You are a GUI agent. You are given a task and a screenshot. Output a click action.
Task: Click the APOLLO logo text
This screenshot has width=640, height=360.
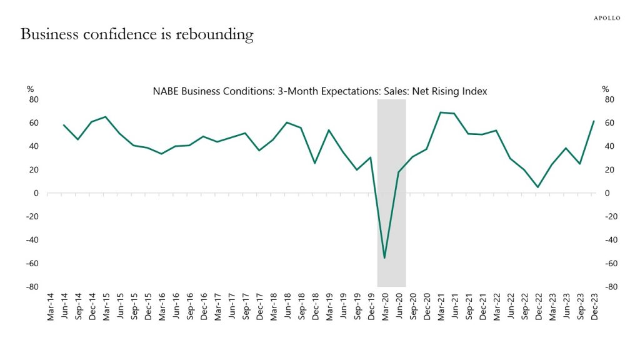(x=606, y=18)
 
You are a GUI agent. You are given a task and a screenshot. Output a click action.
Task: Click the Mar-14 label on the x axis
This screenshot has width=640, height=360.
(x=51, y=307)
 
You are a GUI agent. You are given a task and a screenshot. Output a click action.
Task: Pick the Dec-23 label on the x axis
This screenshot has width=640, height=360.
(x=593, y=307)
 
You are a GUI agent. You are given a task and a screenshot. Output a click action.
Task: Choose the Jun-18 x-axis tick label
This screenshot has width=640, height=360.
(x=287, y=307)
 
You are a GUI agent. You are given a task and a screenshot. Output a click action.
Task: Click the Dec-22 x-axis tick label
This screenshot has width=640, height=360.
(x=537, y=307)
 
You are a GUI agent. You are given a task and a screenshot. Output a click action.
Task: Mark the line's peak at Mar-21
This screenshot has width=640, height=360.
(x=441, y=112)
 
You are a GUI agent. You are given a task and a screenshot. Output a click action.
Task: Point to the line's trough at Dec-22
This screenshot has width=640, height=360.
(x=537, y=187)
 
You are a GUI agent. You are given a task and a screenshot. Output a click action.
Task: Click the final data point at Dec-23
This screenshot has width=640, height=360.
(x=593, y=121)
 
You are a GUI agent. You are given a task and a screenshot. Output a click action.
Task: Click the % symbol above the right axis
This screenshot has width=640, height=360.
(x=605, y=89)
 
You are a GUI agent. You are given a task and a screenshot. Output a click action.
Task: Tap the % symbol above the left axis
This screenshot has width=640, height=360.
(x=30, y=89)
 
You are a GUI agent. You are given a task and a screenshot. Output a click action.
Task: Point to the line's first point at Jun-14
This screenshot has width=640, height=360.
(x=64, y=125)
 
